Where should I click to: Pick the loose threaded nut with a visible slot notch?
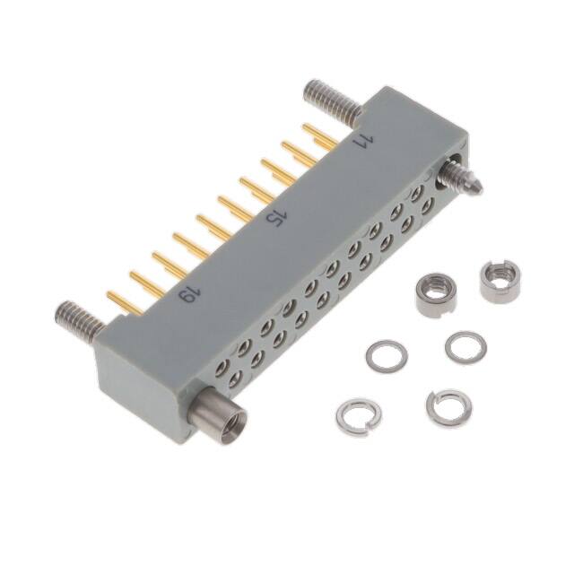pos(500,279)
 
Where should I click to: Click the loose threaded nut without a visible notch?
pos(437,295)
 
